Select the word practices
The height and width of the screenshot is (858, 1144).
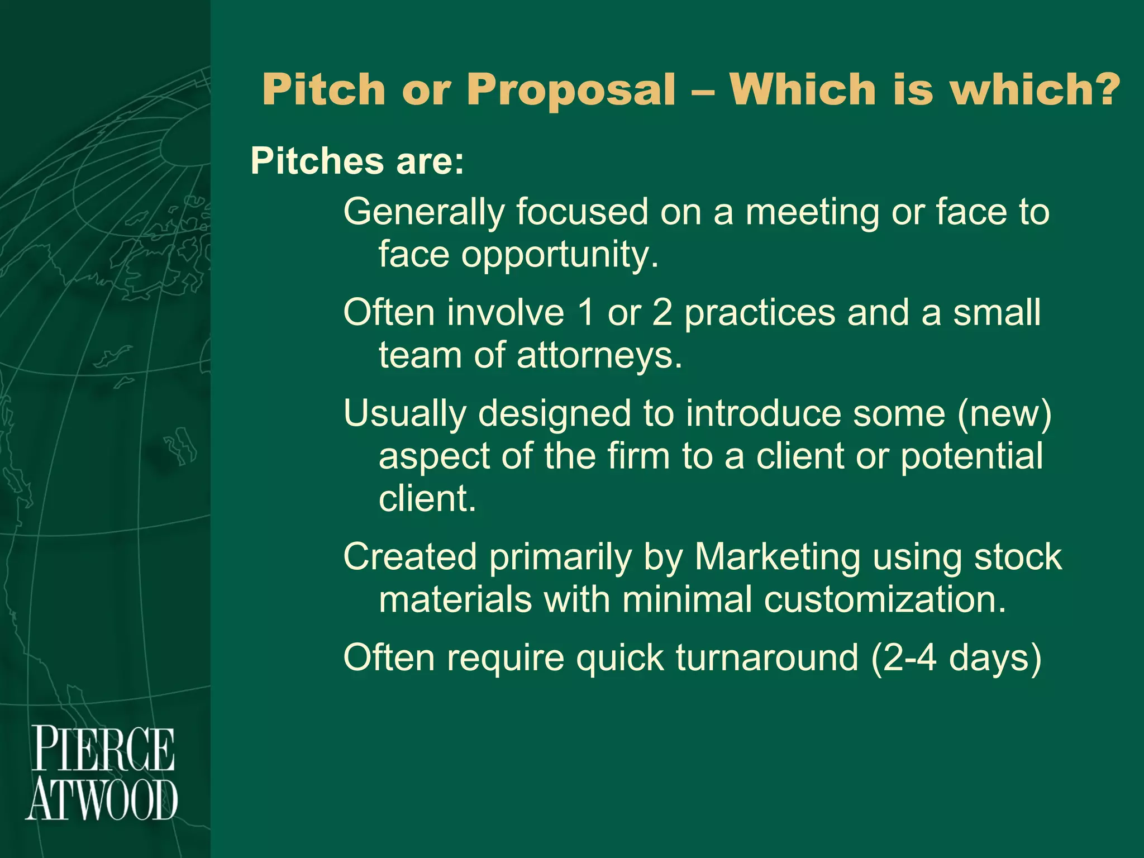pyautogui.click(x=760, y=312)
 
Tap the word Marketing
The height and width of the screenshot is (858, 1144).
pyautogui.click(x=778, y=557)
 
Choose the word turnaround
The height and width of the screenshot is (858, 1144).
pyautogui.click(x=766, y=657)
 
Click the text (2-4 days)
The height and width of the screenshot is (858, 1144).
pyautogui.click(x=956, y=657)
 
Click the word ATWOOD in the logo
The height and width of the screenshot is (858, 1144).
pyautogui.click(x=102, y=800)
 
